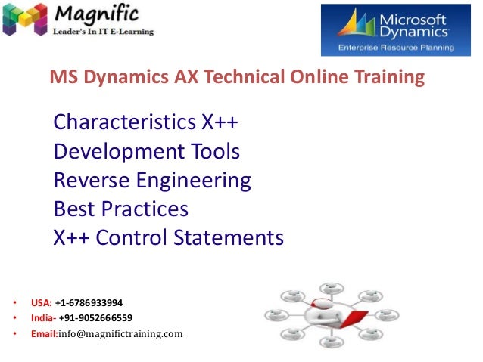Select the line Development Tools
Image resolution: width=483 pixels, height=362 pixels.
tap(147, 152)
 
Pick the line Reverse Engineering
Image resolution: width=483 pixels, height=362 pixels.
tap(152, 181)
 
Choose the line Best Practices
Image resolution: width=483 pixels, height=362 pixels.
tap(121, 209)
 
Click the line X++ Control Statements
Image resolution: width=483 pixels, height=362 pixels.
tap(168, 238)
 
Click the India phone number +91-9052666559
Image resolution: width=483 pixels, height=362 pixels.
tap(98, 317)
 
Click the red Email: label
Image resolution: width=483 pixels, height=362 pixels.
tap(44, 333)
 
